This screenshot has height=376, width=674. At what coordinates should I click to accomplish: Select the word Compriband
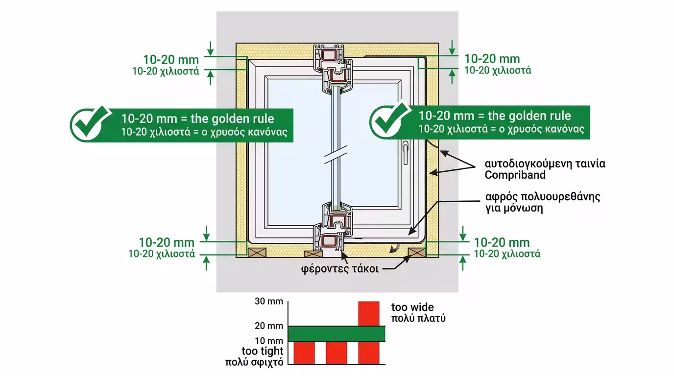click(508, 175)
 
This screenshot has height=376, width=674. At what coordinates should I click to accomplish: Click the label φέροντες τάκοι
click(339, 269)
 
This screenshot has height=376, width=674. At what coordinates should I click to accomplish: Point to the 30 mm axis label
click(269, 301)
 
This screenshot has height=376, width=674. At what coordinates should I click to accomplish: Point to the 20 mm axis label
click(269, 326)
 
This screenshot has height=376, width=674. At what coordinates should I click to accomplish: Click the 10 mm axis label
click(269, 340)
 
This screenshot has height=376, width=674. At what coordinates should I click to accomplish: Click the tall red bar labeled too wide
click(369, 313)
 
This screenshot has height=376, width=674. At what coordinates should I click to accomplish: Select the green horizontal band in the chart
click(337, 333)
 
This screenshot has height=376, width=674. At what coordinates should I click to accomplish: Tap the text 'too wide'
click(412, 307)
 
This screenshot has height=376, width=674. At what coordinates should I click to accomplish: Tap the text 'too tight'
click(263, 351)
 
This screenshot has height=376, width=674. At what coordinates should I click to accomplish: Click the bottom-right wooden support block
click(416, 252)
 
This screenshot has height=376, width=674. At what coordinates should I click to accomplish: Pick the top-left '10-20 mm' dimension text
click(171, 60)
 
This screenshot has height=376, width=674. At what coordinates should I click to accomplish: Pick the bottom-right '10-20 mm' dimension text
click(502, 242)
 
